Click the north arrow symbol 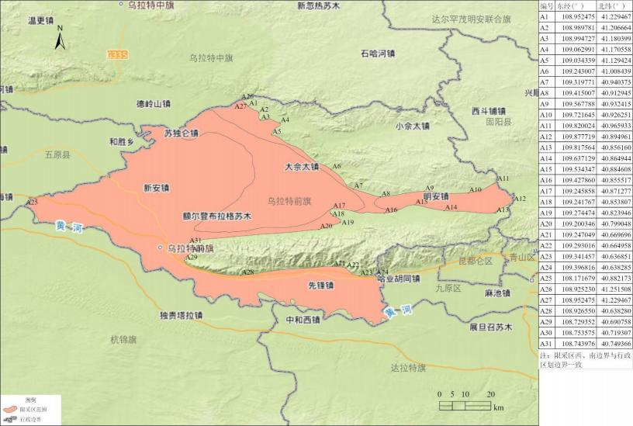click(59, 36)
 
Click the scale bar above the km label click(464, 404)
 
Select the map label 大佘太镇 click(301, 166)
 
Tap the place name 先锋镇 click(320, 286)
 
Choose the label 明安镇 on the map click(436, 196)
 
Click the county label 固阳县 click(499, 123)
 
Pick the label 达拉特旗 click(409, 368)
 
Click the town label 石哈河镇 click(378, 54)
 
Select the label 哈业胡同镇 click(398, 279)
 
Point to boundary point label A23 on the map click(32, 202)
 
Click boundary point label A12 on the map click(520, 199)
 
